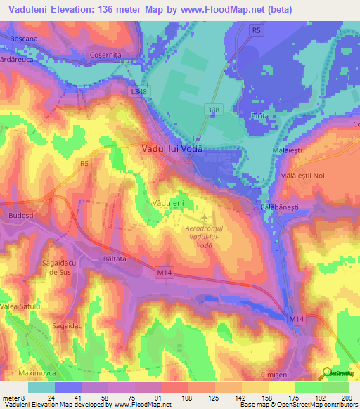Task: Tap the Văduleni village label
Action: point(168,202)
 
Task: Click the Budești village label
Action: point(20,214)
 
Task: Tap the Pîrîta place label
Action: point(261,115)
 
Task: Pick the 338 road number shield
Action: point(213,110)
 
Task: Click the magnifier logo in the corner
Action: point(328,373)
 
